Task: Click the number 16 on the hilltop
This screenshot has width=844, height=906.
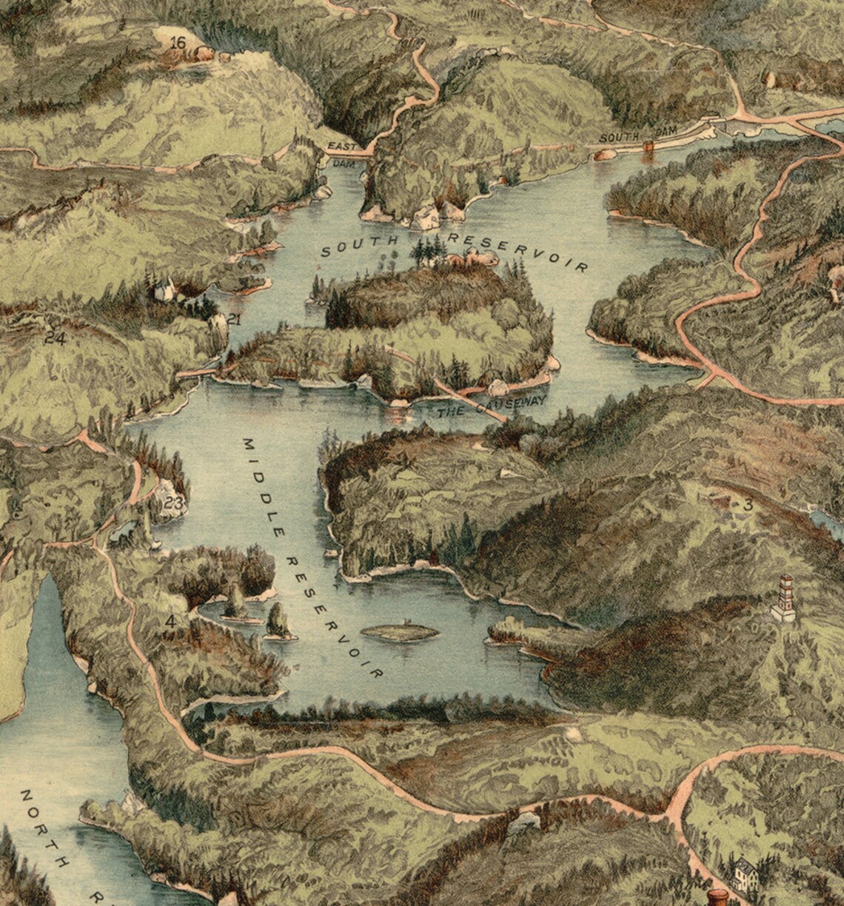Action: pyautogui.click(x=178, y=43)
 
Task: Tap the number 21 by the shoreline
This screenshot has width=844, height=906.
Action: pyautogui.click(x=235, y=320)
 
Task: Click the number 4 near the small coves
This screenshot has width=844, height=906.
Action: pyautogui.click(x=171, y=621)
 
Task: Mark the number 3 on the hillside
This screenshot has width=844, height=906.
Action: pyautogui.click(x=748, y=506)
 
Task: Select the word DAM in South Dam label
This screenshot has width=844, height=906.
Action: pyautogui.click(x=667, y=131)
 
